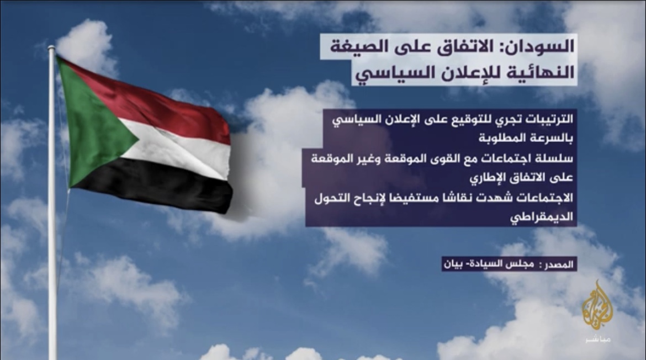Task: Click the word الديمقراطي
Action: (542, 216)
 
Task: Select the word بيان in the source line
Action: (452, 263)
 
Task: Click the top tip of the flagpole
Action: (51, 47)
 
